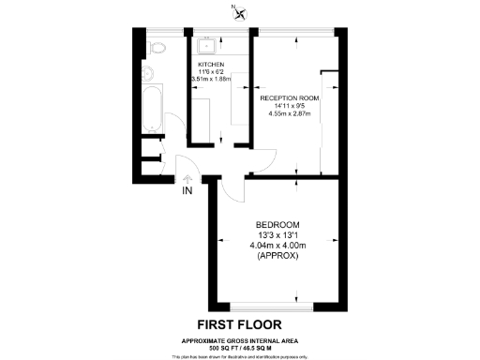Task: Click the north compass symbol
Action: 241,13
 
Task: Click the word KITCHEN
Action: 212,64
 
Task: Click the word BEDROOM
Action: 277,225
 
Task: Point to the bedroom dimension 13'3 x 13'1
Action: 277,235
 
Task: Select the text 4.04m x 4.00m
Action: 277,246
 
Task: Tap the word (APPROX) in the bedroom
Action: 277,256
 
